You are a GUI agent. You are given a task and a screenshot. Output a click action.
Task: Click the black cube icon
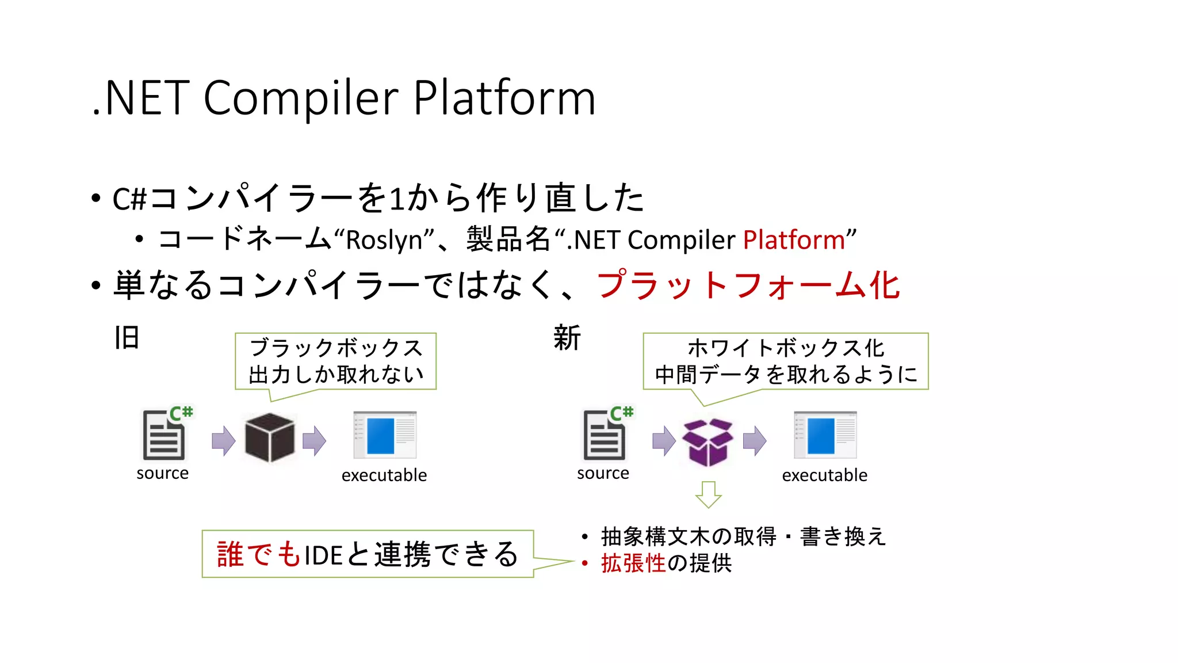point(269,438)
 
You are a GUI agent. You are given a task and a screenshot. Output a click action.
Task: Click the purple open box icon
point(707,442)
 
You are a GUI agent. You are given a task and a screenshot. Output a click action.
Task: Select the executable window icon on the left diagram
point(385,435)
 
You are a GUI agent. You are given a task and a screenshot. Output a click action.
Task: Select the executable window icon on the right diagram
point(825,435)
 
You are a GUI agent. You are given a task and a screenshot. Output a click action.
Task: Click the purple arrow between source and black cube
point(223,441)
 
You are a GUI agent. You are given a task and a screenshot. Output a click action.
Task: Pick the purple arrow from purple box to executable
point(755,441)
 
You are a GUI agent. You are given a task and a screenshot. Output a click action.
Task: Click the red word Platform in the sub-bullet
point(793,240)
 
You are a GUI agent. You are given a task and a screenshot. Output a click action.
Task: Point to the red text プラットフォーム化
point(748,285)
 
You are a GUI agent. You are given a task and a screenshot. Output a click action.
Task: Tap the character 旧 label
point(127,338)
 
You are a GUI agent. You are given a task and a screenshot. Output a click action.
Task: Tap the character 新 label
point(567,338)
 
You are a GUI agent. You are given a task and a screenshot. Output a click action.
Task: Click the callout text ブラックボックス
point(336,348)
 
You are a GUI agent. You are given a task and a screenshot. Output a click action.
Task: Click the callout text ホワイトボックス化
point(786,348)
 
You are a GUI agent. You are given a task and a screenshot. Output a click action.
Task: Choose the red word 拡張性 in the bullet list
point(633,563)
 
